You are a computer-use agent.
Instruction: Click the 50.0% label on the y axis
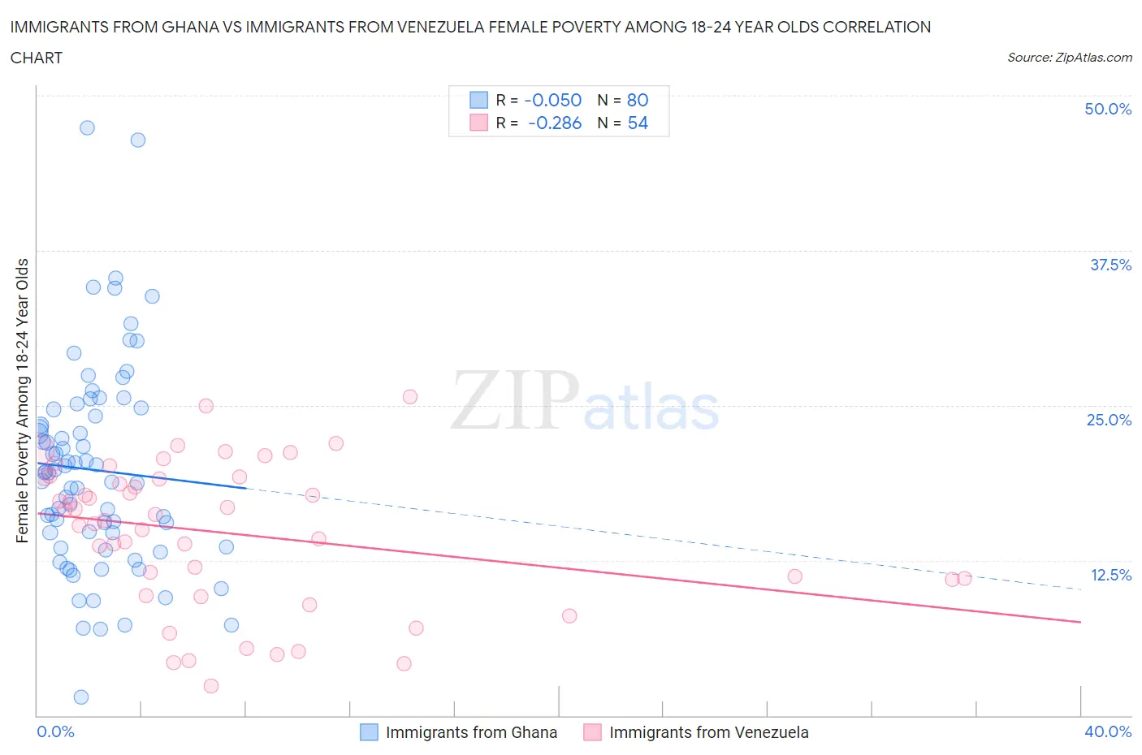coord(1108,109)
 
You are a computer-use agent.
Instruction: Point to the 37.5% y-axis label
coord(1110,265)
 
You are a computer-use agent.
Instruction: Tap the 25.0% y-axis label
coord(1109,420)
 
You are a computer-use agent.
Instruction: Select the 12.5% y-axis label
coord(1110,575)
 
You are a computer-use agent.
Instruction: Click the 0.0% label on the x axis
coord(55,731)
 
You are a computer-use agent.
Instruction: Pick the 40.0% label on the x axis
coord(1108,731)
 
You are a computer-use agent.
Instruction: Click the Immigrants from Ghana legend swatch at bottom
coord(369,732)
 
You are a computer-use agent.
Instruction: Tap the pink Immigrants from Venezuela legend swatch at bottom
coord(592,732)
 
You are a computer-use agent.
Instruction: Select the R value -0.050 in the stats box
coord(552,100)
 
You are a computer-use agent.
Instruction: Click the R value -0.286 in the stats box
coord(554,123)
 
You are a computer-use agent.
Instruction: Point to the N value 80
coord(638,100)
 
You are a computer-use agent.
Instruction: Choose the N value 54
coord(638,123)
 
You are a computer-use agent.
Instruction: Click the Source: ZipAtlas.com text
coord(1069,57)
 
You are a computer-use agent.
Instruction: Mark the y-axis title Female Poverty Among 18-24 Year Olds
coord(22,400)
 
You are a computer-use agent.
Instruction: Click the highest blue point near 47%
coord(87,127)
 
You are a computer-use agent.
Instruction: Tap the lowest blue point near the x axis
coord(81,697)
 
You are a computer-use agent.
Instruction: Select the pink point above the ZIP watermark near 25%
coord(410,397)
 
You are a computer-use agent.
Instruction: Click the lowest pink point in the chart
coord(211,686)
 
